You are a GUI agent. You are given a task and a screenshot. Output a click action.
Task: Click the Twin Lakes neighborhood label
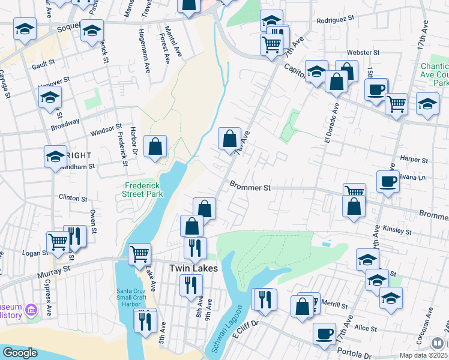(x=193, y=268)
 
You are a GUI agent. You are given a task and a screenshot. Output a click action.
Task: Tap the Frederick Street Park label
(x=143, y=190)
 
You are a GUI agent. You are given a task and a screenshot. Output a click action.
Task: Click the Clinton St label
(x=73, y=197)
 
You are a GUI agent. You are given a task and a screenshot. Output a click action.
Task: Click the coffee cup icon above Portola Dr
(x=325, y=334)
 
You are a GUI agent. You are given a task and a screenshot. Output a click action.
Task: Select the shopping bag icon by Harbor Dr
(x=155, y=146)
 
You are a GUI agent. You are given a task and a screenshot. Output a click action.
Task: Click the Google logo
(x=20, y=353)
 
